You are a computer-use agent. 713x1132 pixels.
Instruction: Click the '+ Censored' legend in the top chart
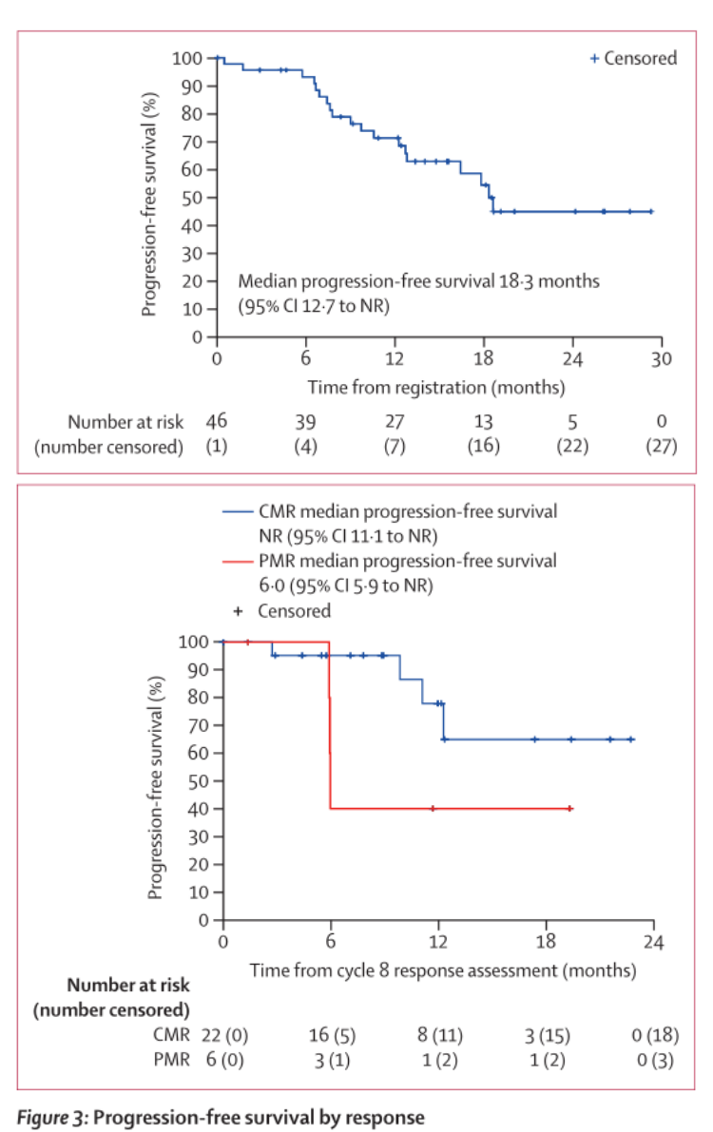click(633, 58)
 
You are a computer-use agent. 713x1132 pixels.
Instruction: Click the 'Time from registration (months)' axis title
click(435, 388)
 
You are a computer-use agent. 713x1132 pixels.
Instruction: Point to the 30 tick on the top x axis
click(661, 358)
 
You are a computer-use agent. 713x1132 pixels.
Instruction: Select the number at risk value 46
click(217, 421)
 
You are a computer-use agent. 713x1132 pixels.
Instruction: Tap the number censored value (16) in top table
click(483, 447)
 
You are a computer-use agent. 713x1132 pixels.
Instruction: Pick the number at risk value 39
click(305, 421)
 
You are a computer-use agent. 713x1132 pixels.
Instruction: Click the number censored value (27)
click(661, 447)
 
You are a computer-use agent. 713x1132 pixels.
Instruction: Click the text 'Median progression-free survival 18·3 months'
click(419, 281)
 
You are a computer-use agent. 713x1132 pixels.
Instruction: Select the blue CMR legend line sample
click(238, 511)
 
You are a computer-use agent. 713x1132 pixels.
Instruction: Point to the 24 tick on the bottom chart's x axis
click(654, 942)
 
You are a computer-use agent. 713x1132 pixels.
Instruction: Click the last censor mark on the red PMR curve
click(569, 809)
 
